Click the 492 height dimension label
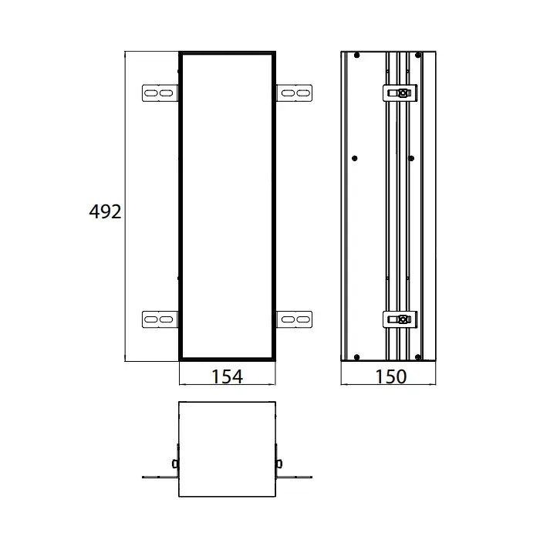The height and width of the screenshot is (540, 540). [x=105, y=211]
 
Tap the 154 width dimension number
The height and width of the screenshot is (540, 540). [x=228, y=376]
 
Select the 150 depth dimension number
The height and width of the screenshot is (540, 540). [x=391, y=376]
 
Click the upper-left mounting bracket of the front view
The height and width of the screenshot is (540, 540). [x=160, y=93]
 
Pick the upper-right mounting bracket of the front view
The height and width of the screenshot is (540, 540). [x=295, y=93]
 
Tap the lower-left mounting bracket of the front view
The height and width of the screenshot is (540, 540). [x=160, y=319]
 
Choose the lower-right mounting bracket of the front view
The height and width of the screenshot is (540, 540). [x=295, y=319]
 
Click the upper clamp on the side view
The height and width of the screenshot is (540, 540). [x=400, y=93]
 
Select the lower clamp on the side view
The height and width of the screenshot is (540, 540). [x=400, y=319]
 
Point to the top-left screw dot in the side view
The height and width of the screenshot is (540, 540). [x=356, y=55]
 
